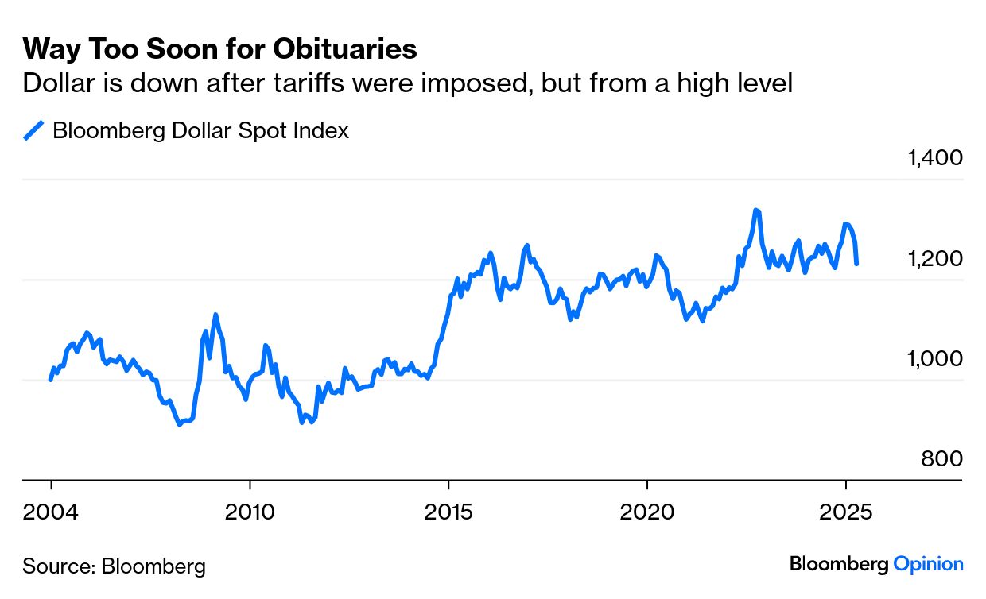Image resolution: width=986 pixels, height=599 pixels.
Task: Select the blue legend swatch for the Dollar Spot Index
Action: click(33, 130)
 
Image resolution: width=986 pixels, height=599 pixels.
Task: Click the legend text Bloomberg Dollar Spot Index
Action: click(200, 130)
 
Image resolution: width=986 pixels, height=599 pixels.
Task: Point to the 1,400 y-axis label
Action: click(934, 157)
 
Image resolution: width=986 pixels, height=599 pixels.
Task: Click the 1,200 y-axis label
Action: click(934, 258)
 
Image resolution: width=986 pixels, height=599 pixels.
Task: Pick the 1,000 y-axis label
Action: click(934, 358)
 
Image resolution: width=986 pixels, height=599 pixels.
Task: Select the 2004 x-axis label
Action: click(51, 511)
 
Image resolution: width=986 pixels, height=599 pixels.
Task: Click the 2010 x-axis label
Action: click(250, 511)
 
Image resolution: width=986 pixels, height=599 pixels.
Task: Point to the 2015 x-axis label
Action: click(448, 511)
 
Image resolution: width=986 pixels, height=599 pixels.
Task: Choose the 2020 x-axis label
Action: click(647, 511)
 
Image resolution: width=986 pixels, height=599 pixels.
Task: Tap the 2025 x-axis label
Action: click(846, 511)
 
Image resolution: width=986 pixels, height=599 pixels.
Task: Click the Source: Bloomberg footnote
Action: click(114, 566)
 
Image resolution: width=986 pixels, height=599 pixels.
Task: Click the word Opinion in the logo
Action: click(928, 564)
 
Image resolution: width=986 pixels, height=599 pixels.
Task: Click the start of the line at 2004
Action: click(51, 380)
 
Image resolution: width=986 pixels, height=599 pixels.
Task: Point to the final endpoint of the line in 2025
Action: click(856, 264)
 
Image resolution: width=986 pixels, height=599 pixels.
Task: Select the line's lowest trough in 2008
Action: click(180, 424)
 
